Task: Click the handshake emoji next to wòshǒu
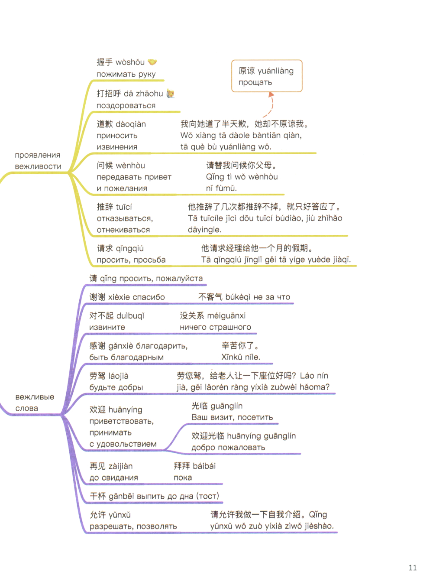tap(152, 62)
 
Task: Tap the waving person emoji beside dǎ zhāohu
tap(171, 94)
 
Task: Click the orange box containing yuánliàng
tap(267, 76)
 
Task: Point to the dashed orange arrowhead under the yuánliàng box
tap(271, 94)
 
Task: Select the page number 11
tap(413, 568)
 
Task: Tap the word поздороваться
tap(126, 106)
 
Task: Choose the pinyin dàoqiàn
tap(131, 124)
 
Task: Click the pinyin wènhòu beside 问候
tap(130, 166)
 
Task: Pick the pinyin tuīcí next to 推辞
tap(124, 207)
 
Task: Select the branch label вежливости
tap(38, 166)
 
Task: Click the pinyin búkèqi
tap(238, 297)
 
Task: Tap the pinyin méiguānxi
tap(226, 315)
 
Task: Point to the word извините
tap(107, 327)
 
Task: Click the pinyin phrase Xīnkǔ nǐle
tap(240, 357)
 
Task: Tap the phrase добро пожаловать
tap(228, 448)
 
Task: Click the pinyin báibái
tap(204, 466)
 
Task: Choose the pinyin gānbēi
tap(121, 496)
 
